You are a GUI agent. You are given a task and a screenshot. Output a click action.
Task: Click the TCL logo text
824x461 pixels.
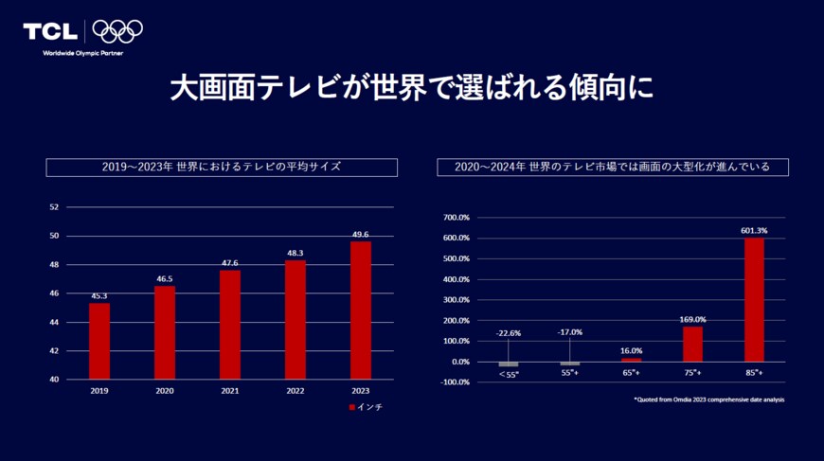coord(51,31)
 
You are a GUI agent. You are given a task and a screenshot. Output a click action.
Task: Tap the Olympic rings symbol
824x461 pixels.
coord(117,31)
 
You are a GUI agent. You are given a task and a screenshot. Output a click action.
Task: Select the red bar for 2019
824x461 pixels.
coord(99,341)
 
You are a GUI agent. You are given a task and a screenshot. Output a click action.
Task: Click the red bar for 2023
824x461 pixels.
coord(361,310)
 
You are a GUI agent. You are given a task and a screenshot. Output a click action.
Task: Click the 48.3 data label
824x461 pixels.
coord(296,254)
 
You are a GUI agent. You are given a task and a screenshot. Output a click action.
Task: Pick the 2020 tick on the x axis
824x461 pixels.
coord(165,390)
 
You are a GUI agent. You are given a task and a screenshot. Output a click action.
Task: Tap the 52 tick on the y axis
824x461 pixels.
coord(54,206)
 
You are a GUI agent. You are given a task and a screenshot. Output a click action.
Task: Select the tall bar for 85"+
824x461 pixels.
coord(754,299)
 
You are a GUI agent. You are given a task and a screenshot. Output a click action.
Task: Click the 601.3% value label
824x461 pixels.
coord(754,230)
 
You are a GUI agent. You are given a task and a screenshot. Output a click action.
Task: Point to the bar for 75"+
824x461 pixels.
coord(692,344)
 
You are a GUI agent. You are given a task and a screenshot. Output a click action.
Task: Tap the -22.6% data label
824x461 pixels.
coord(509,332)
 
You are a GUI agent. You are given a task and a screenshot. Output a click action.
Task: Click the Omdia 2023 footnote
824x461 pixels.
coord(708,399)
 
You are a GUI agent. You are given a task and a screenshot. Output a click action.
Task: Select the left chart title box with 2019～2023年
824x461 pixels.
coord(222,167)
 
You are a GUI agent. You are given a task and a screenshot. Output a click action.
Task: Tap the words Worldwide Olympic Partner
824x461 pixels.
coord(83,53)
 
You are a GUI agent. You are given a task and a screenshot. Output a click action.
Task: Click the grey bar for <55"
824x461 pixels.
coord(509,364)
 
